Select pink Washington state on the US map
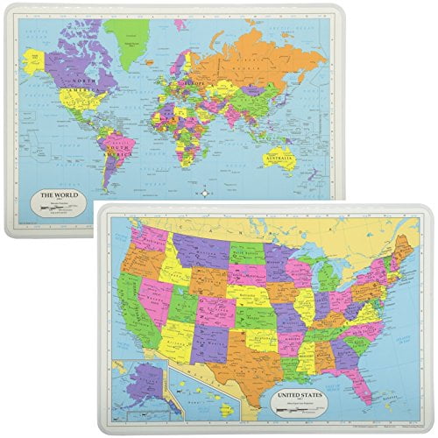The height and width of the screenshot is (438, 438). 146,237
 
